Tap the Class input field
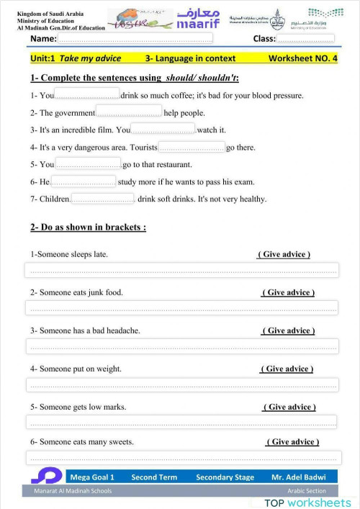coord(305,38)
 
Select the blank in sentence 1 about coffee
coord(87,94)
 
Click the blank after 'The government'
coord(129,112)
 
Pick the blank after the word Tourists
coord(191,147)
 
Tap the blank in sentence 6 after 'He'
coord(84,181)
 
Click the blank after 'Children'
coord(103,199)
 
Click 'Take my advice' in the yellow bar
coord(90,58)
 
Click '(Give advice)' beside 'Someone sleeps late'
coord(284,254)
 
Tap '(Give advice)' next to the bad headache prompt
coord(288,330)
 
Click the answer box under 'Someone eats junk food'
coord(181,307)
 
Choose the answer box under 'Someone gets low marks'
coord(181,422)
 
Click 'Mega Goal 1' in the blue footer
coord(92,477)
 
